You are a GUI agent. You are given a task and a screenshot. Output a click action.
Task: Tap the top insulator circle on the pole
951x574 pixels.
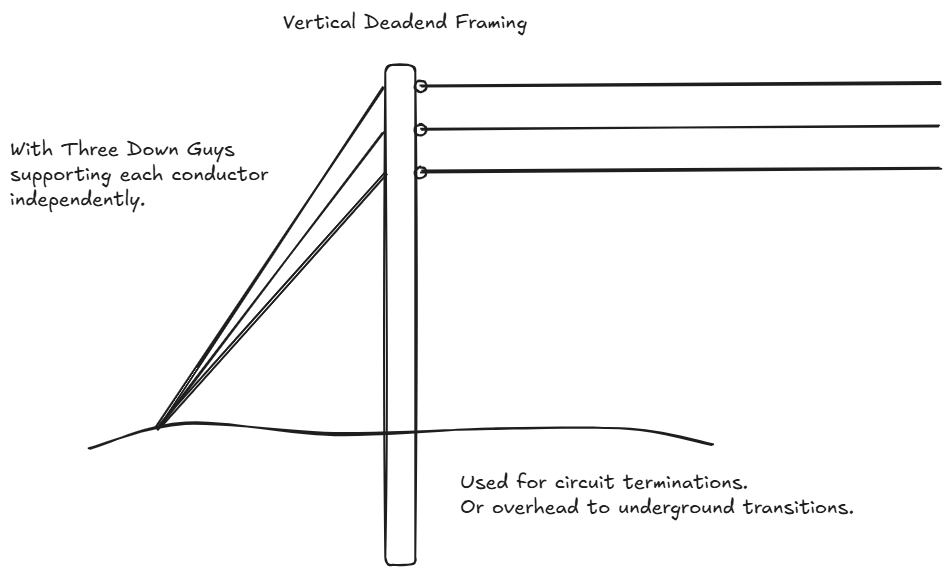click(x=422, y=87)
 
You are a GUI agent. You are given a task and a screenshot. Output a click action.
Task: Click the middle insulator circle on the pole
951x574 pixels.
click(x=422, y=129)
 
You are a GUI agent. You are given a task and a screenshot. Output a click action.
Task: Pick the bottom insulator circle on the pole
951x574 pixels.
click(x=422, y=172)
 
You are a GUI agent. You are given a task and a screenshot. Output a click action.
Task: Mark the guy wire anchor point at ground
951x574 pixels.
click(x=158, y=427)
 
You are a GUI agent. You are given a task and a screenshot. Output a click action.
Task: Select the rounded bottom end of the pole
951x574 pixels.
click(x=400, y=559)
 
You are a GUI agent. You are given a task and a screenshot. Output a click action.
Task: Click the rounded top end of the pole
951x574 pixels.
click(x=400, y=70)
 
